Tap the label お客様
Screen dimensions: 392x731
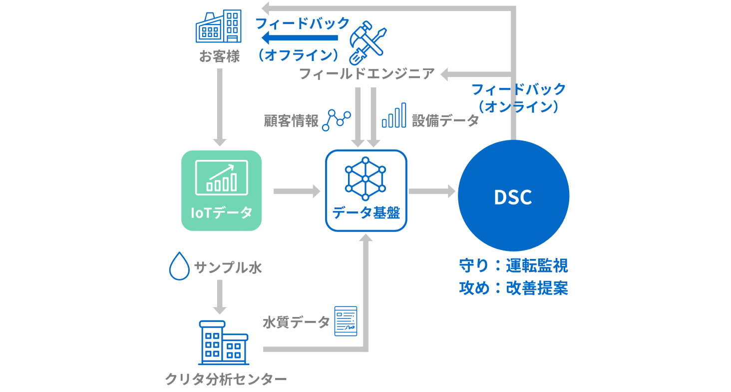coord(219,56)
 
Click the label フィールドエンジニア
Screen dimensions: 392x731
coord(366,74)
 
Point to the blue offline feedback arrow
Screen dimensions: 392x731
coord(300,38)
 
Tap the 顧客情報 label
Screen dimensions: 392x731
coord(291,121)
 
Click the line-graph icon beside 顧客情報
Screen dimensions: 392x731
coord(336,120)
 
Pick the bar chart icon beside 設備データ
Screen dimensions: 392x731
coord(393,116)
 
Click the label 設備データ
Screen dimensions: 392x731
coord(445,121)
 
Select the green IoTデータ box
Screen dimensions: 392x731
coord(221,190)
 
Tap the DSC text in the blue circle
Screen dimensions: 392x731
coord(513,197)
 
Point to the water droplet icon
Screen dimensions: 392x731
coord(179,266)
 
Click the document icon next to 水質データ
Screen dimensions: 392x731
coord(346,320)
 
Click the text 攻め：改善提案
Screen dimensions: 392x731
coord(513,288)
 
